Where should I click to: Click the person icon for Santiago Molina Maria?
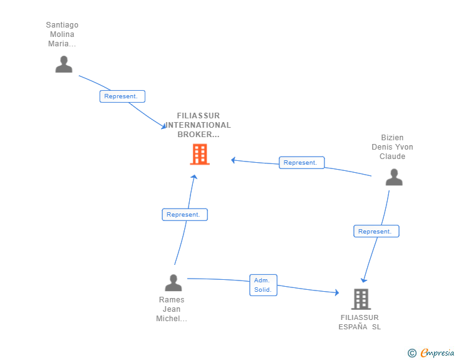64,64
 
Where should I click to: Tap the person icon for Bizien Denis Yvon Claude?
394,178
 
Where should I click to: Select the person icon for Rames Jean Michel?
174,283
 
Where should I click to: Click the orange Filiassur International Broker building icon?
200,154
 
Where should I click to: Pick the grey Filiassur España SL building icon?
361,299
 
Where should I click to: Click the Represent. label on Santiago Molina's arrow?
122,96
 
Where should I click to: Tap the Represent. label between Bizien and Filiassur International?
301,163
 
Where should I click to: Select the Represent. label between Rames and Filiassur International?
185,215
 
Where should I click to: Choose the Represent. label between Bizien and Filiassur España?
376,232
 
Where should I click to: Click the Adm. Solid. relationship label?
263,285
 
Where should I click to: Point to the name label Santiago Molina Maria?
62,34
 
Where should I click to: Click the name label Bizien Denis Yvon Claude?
393,147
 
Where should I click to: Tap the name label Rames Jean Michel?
172,309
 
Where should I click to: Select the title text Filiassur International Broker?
198,125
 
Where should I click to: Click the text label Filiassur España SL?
360,322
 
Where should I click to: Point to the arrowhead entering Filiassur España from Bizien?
364,280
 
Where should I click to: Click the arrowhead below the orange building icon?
194,177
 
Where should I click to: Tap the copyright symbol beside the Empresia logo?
412,353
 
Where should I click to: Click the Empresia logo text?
438,353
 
